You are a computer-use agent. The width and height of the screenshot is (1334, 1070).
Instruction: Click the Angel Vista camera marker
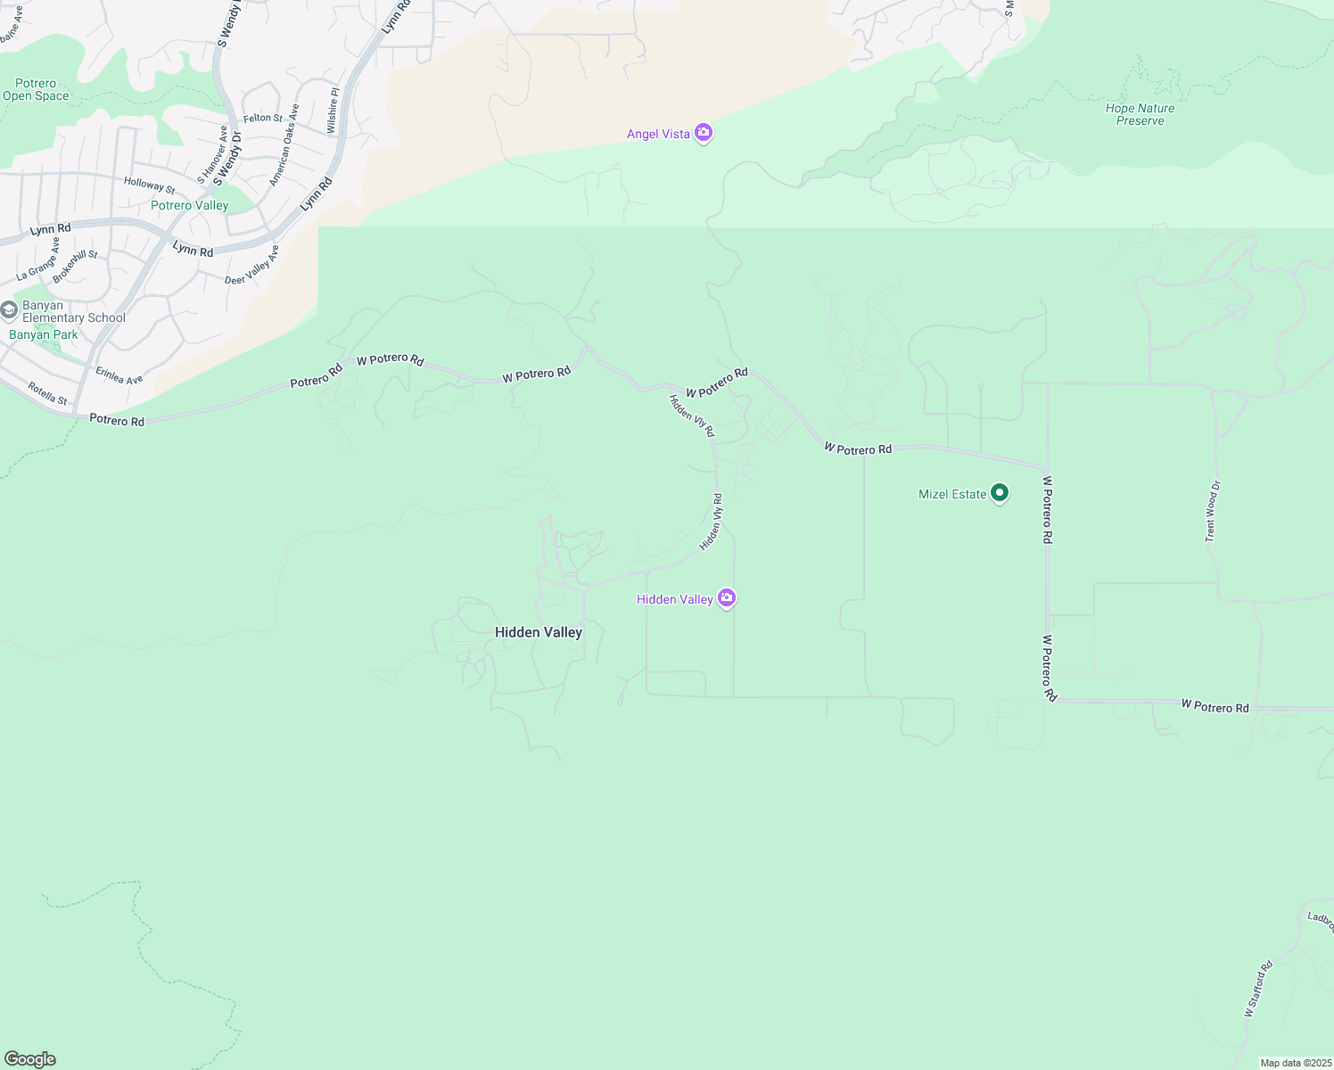704,134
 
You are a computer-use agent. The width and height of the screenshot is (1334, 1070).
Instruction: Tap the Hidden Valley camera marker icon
727,598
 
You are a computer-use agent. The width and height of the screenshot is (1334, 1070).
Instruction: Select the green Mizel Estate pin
1000,493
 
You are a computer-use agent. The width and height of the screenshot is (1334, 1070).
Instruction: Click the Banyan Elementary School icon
9,310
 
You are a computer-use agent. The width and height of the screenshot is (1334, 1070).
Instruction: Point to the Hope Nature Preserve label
1140,114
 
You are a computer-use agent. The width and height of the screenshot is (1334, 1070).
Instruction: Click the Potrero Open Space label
36,89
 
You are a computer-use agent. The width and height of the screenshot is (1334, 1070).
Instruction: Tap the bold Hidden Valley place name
539,632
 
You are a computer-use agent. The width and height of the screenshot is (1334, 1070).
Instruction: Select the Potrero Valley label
189,205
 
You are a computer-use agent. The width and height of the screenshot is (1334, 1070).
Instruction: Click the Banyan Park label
44,335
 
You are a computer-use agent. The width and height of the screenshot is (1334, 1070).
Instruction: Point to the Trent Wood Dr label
1213,511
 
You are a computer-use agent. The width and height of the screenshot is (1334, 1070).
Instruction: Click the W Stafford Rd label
1258,988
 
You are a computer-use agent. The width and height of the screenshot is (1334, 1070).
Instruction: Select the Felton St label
263,118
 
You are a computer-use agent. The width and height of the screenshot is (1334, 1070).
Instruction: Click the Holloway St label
149,185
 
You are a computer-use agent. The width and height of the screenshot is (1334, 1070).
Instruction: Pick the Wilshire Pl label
333,111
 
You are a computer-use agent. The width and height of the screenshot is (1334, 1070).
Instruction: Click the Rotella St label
47,393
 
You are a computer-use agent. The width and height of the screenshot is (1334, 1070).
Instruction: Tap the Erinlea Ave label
119,375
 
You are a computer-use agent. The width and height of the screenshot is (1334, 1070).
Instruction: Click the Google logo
29,1059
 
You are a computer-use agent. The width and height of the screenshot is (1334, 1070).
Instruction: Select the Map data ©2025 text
1295,1063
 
